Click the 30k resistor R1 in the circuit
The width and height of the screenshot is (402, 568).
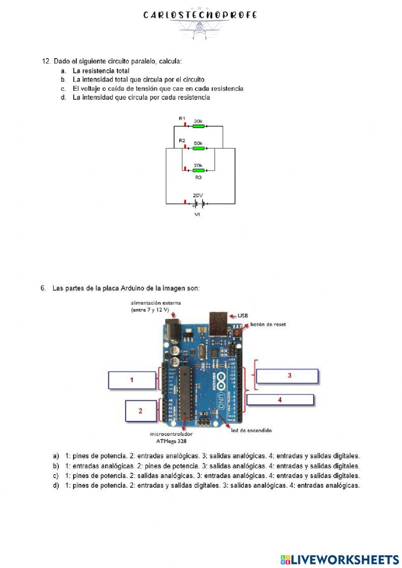point(198,126)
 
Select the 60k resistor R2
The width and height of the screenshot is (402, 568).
point(198,148)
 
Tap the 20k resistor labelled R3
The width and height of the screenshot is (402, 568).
point(198,170)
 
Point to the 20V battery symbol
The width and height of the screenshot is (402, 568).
point(198,204)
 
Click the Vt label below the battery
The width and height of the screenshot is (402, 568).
point(197,215)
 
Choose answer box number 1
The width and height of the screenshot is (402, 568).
point(132,380)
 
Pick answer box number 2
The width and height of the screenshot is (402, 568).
point(141,411)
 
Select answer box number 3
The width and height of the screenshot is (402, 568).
point(287,376)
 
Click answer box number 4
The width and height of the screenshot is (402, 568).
point(280,400)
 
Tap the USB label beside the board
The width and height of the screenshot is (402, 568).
point(243,316)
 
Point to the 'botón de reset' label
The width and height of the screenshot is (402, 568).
point(268,324)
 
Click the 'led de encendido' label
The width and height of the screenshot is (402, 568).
point(251,430)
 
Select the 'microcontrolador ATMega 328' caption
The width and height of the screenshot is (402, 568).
point(171,437)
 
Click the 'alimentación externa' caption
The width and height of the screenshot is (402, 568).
point(156,306)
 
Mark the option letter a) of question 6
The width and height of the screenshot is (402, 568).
point(56,456)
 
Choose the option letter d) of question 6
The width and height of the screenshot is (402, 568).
point(56,485)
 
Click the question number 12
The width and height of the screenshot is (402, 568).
point(46,61)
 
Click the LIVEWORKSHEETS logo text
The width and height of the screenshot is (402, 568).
point(344,560)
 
